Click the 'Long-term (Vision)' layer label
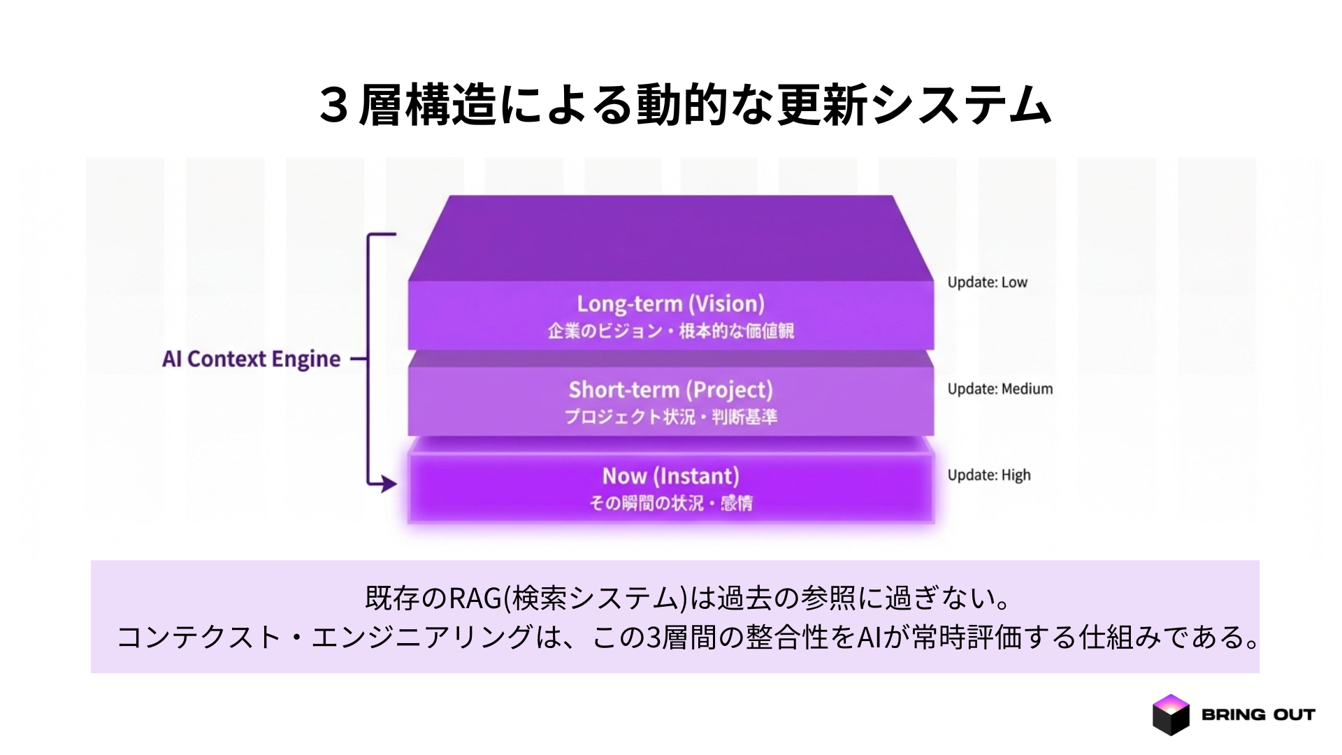[x=670, y=304]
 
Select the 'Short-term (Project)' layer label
[x=670, y=390]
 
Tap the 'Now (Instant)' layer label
[x=670, y=476]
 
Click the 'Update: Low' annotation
[x=987, y=282]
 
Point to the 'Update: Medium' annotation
[x=1000, y=389]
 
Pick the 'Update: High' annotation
[x=988, y=475]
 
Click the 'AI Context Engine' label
[x=251, y=359]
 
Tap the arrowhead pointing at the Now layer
[x=388, y=483]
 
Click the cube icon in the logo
[x=1170, y=714]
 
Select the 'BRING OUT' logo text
[x=1258, y=714]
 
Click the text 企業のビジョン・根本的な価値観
[x=670, y=331]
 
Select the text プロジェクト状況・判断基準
[x=670, y=417]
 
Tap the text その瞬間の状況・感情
[x=670, y=503]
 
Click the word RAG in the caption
[x=475, y=598]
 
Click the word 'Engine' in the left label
[x=305, y=359]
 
